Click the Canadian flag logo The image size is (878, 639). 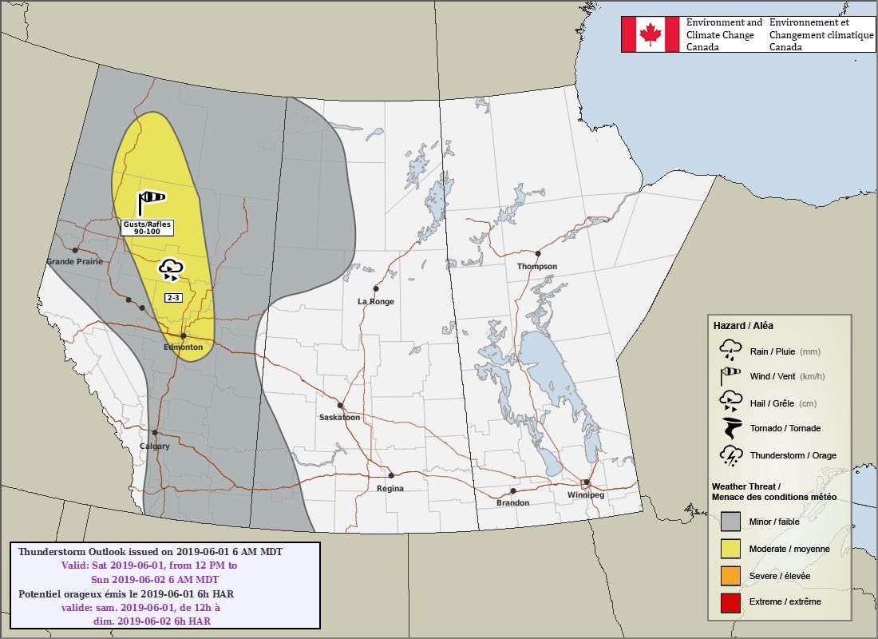[x=651, y=34]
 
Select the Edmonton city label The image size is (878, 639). [x=183, y=347]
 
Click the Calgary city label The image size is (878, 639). [x=155, y=447]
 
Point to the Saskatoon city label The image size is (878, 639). [x=339, y=418]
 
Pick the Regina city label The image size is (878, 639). [x=390, y=488]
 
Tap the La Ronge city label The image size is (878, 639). [x=376, y=302]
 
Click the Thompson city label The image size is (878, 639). [x=537, y=266]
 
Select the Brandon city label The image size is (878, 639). [x=512, y=502]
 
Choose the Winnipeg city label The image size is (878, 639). [x=586, y=495]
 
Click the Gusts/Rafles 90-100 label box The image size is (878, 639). [x=148, y=228]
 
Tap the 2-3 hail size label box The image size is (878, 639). [x=172, y=298]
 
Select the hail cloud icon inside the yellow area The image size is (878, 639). [x=172, y=269]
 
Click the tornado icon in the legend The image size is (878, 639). [x=730, y=428]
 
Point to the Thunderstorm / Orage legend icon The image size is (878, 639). [x=730, y=455]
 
